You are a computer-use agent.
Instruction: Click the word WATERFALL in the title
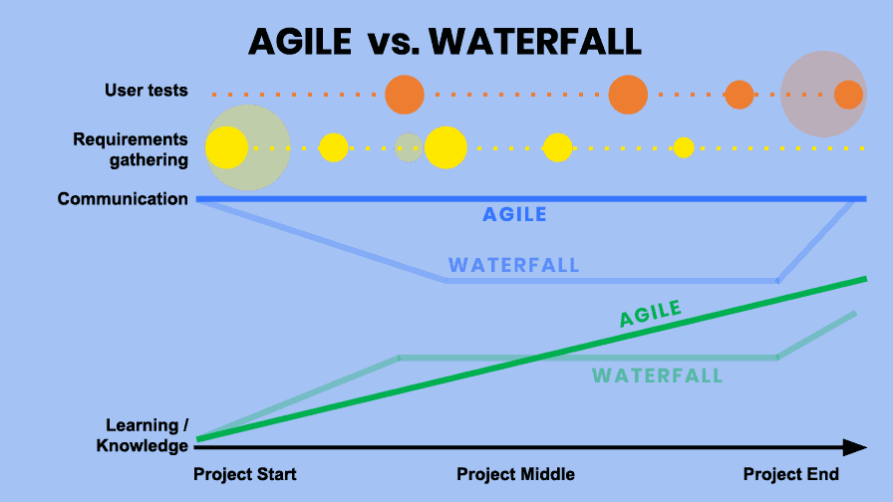[535, 42]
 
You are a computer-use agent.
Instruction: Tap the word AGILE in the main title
[300, 42]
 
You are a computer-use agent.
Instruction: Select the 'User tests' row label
[146, 91]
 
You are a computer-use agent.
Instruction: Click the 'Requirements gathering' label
[131, 149]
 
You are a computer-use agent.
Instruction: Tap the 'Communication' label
[123, 198]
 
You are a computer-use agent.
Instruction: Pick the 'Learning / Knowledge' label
[142, 435]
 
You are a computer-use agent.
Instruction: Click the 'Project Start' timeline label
[245, 474]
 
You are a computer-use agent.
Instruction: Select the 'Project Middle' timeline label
[515, 474]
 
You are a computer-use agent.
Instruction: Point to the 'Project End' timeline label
[791, 474]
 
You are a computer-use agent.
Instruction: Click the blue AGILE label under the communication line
[514, 214]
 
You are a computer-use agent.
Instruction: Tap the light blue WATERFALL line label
[513, 265]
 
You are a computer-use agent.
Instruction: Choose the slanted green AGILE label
[651, 313]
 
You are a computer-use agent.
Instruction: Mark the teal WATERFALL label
[658, 376]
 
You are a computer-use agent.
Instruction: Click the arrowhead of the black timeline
[854, 447]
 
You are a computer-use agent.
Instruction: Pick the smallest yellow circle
[684, 148]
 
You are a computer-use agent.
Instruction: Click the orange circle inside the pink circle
[848, 95]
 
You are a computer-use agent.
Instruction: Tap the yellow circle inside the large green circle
[226, 148]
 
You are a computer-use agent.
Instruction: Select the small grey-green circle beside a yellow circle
[409, 147]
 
